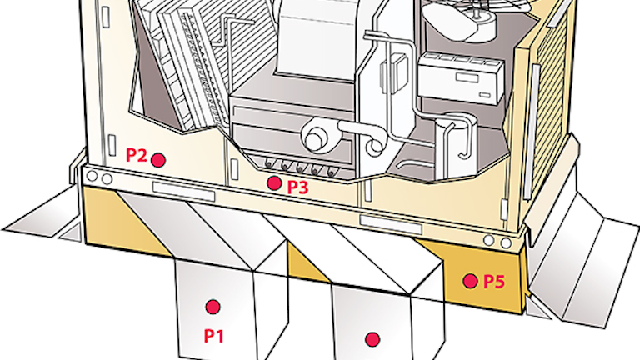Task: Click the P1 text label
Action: pos(214,336)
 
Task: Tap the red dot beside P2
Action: pos(158,160)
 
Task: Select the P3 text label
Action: pos(298,187)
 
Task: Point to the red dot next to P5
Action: pos(470,281)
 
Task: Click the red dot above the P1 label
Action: pos(212,307)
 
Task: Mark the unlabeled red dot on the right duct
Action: pos(372,339)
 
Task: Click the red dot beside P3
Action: pos(274,183)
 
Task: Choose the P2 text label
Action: pos(137,155)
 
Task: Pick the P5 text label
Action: pos(494,282)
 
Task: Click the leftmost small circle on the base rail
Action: pos(92,177)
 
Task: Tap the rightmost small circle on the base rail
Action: pos(506,243)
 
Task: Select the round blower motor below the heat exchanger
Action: pos(313,137)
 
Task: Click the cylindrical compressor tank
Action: pos(455,145)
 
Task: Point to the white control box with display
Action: pos(461,77)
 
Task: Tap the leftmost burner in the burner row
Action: pos(269,163)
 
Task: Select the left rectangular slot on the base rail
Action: pos(183,192)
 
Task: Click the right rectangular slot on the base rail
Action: pos(391,225)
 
